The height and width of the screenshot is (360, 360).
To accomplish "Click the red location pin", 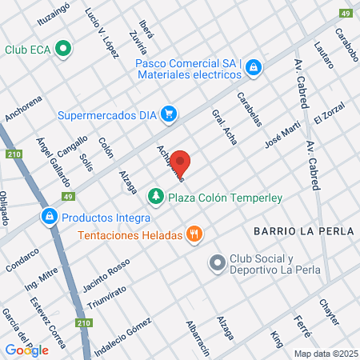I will pyautogui.click(x=181, y=162).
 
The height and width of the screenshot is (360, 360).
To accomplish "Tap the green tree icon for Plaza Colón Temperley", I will pyautogui.click(x=154, y=194).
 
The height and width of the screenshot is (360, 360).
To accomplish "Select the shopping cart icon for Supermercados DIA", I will pyautogui.click(x=168, y=114).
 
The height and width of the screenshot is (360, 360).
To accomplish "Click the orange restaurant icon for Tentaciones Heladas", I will pyautogui.click(x=193, y=234).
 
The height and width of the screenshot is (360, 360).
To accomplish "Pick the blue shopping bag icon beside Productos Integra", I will pyautogui.click(x=50, y=217).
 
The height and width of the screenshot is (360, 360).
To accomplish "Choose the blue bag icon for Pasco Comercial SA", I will pyautogui.click(x=254, y=67).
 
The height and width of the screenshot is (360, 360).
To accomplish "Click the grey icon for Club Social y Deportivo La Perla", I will pyautogui.click(x=217, y=262).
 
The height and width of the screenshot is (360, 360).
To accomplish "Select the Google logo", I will pyautogui.click(x=26, y=350).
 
